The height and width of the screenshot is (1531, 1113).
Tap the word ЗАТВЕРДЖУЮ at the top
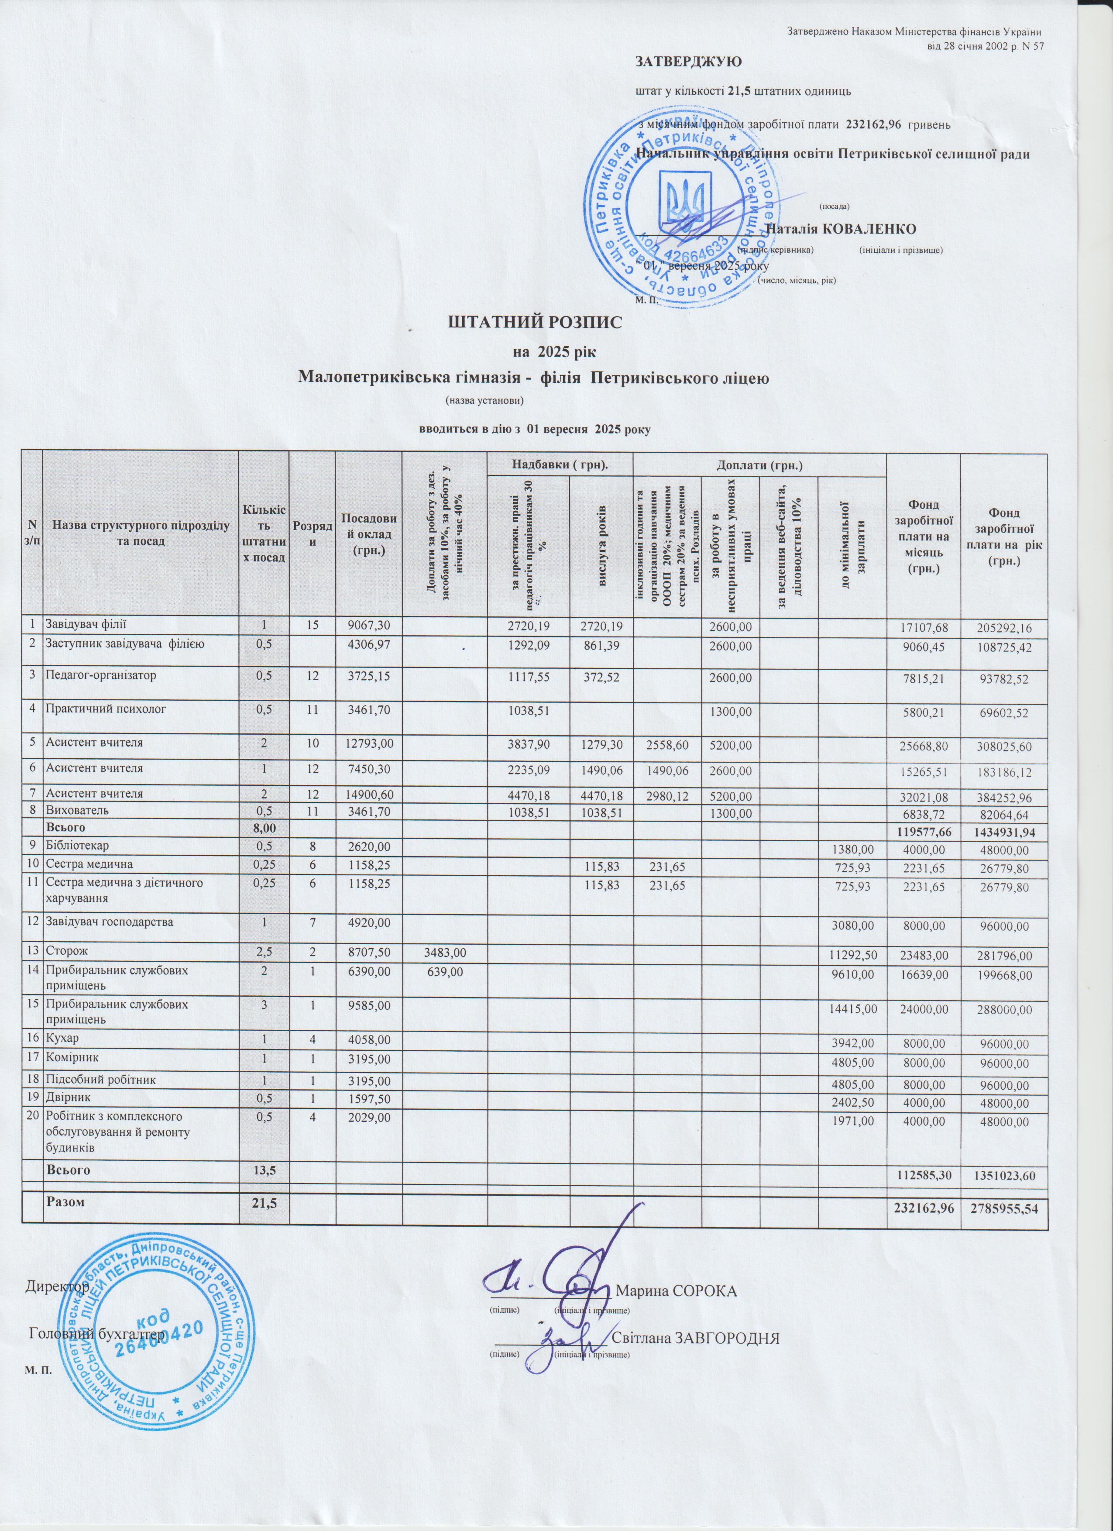tap(688, 62)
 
